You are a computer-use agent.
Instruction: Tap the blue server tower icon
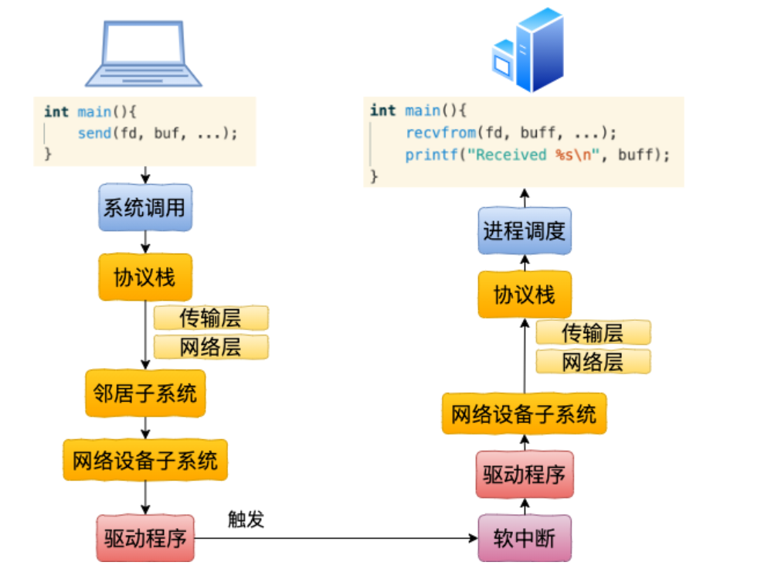coord(528,49)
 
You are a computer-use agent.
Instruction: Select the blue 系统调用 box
coord(145,208)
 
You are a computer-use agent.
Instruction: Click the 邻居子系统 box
coord(145,394)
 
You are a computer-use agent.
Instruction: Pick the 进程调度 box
coord(525,231)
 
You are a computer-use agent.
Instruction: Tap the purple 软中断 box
coord(525,538)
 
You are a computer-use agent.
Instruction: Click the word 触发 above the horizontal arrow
coord(246,519)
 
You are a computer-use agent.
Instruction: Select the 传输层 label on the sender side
coord(211,318)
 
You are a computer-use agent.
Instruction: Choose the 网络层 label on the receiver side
coord(593,362)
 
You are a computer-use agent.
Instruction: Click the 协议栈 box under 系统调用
coord(145,278)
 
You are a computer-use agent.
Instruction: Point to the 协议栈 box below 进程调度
coord(525,295)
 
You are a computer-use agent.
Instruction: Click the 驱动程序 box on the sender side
coord(145,538)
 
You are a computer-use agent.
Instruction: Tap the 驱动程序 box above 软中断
coord(525,475)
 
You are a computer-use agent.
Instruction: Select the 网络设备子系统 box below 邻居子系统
coord(145,461)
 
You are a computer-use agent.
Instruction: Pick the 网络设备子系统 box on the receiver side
coord(525,414)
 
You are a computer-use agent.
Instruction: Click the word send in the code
coord(93,133)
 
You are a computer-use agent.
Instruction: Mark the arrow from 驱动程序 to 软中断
coord(336,537)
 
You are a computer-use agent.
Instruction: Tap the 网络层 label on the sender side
coord(211,347)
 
